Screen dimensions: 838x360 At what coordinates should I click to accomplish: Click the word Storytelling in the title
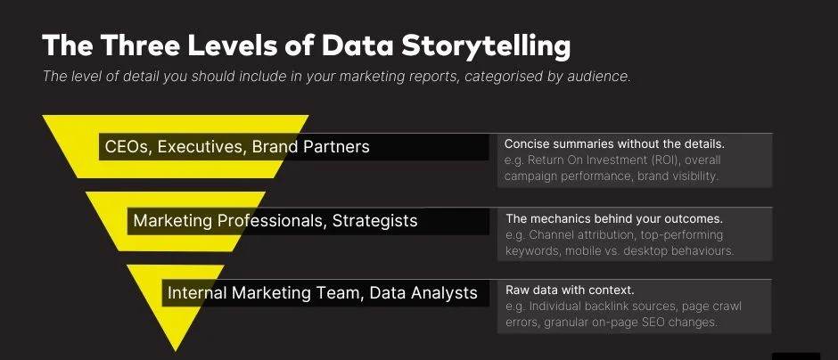tap(486, 46)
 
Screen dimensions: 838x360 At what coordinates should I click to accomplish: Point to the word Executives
tap(202, 147)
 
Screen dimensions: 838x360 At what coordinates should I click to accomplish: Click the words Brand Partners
tap(310, 147)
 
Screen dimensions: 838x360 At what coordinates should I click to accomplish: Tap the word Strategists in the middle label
tap(374, 221)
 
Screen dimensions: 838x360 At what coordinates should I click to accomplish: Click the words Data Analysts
tap(423, 292)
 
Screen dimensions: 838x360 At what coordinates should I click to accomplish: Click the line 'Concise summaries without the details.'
tap(614, 144)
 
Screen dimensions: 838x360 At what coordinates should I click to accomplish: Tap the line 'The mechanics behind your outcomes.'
tap(614, 218)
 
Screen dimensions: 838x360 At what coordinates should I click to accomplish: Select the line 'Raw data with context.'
tap(570, 290)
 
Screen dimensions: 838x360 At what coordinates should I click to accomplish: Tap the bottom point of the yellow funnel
tap(176, 351)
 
